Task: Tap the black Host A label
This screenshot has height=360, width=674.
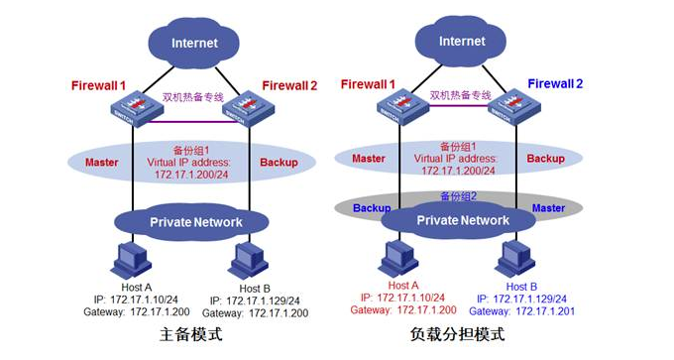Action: click(x=127, y=286)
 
